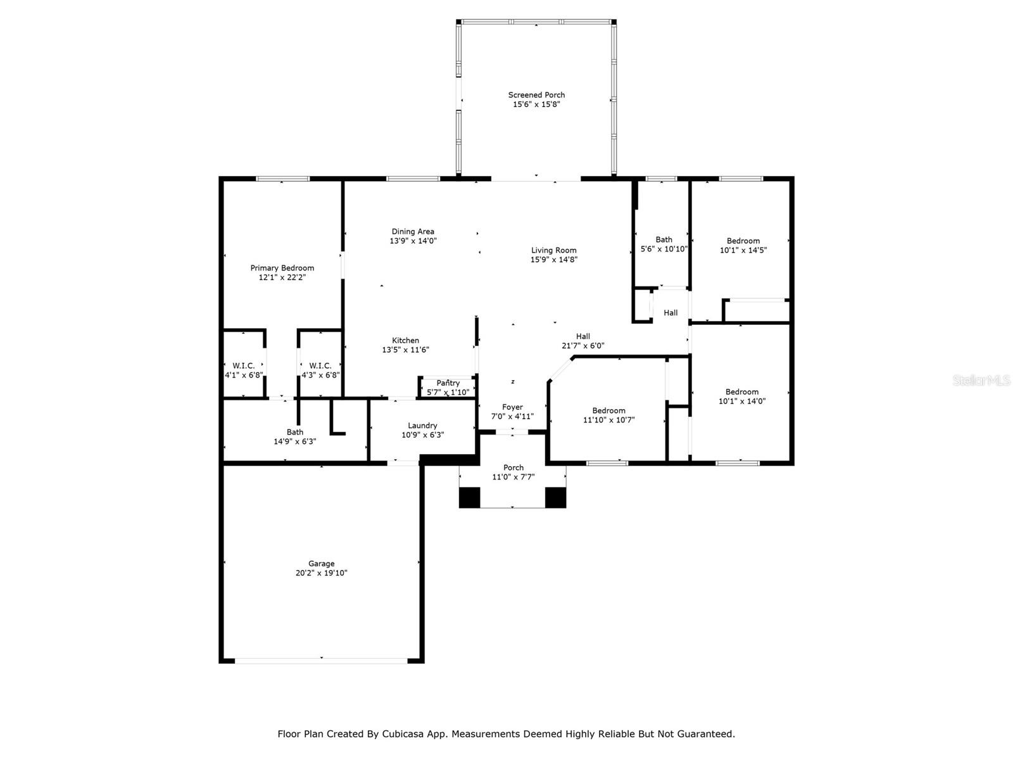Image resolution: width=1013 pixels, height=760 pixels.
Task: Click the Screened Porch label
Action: point(536,94)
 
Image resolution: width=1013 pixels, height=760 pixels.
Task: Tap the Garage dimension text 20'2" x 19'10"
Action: point(321,573)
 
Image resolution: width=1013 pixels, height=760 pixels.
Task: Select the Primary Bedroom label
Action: point(282,268)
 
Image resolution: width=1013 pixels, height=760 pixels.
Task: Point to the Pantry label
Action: point(448,383)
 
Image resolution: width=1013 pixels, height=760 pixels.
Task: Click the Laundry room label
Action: point(422,426)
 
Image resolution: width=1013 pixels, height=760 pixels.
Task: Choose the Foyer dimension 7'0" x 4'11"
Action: point(512,416)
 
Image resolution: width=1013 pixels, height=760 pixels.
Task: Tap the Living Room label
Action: point(554,250)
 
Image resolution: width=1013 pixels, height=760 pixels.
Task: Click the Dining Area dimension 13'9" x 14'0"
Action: point(413,241)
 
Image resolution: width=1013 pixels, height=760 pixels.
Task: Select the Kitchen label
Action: point(406,340)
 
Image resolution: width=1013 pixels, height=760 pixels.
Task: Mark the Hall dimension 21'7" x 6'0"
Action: point(583,345)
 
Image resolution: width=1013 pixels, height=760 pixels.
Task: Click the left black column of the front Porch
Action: point(469,498)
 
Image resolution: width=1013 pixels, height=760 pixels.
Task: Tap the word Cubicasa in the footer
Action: point(403,733)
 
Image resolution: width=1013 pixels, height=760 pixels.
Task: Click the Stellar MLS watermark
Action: point(981,380)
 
